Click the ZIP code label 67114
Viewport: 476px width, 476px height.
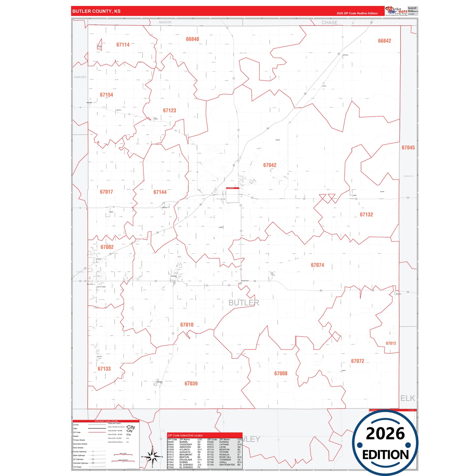point(123,45)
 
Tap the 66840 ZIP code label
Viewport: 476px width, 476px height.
point(192,39)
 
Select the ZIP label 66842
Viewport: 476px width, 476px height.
point(384,41)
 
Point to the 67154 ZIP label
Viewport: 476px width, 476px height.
point(106,95)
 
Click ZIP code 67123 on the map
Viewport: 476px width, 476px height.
point(169,111)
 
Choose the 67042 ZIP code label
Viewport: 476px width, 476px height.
point(269,165)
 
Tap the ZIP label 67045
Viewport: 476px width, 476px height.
point(408,148)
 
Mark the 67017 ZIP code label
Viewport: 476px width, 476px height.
point(106,192)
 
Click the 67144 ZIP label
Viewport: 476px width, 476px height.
point(160,192)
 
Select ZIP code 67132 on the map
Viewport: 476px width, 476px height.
point(366,215)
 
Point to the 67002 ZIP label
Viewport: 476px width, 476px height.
point(107,247)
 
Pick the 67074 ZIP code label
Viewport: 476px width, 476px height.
point(317,265)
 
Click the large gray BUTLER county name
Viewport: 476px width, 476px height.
point(244,303)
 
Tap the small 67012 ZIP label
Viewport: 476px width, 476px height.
point(391,343)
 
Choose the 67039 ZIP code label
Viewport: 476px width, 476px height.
point(191,384)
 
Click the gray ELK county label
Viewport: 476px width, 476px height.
point(407,398)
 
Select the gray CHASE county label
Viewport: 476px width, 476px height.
point(329,23)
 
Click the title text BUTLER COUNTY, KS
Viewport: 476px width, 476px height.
point(96,11)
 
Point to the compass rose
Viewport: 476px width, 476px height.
point(152,457)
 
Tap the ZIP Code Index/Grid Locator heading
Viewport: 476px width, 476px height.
point(185,435)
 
